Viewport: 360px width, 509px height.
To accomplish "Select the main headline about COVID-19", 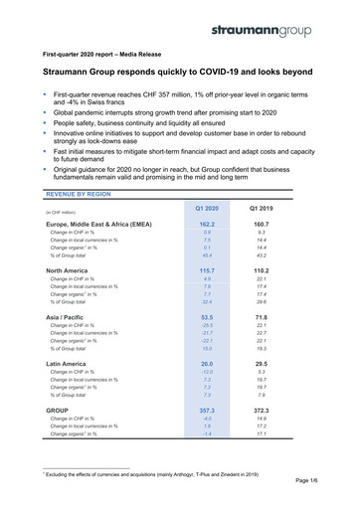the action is pyautogui.click(x=170, y=74).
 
